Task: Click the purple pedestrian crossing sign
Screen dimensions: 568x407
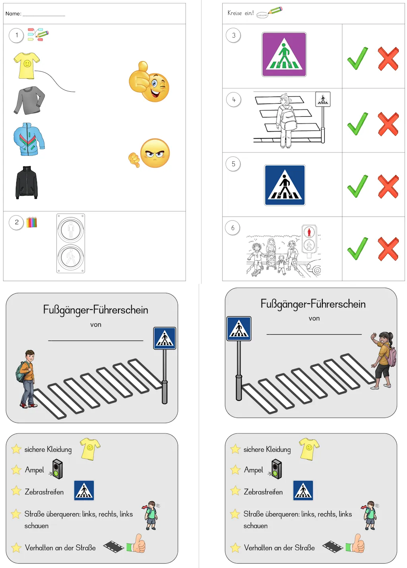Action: [284, 54]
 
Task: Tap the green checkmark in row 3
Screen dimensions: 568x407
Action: [357, 59]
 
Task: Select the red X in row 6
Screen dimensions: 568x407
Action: [388, 249]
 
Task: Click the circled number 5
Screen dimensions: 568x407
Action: [233, 164]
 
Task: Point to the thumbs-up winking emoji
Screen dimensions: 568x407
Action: [149, 82]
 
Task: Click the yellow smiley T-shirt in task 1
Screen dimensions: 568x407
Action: [27, 65]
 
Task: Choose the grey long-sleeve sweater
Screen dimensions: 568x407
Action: [29, 100]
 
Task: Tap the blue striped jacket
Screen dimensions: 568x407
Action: [29, 139]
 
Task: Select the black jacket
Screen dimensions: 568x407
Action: [27, 183]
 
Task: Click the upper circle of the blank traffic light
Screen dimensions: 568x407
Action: [71, 230]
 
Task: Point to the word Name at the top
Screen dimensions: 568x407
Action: [13, 13]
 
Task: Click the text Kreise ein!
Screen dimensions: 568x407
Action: [240, 13]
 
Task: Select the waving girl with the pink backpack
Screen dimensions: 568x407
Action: [383, 360]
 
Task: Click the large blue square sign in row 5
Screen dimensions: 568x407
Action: [285, 185]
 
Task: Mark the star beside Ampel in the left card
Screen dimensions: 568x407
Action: [16, 470]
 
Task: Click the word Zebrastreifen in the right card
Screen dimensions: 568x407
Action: [263, 492]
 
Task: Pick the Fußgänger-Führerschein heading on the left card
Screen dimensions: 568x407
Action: [95, 310]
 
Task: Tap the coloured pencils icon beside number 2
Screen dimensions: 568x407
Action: [31, 222]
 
